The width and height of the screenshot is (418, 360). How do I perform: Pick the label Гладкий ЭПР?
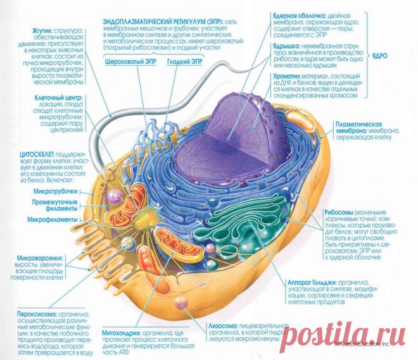(186, 62)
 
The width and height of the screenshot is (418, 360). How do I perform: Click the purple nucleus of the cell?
(241, 139)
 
